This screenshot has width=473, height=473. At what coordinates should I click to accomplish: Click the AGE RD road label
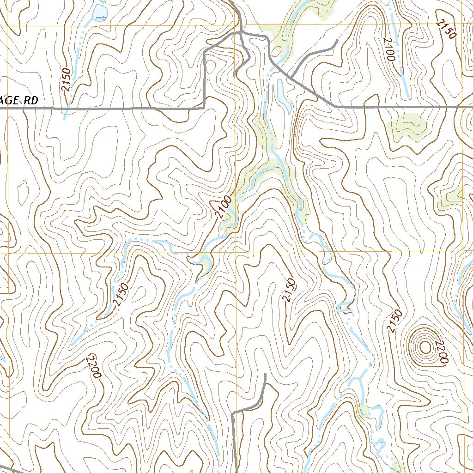point(18,100)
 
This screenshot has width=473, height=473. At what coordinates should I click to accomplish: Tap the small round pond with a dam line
point(99,14)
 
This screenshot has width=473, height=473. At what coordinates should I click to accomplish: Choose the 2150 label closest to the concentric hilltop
point(393,321)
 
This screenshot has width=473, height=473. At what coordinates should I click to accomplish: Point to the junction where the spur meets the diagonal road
point(292,76)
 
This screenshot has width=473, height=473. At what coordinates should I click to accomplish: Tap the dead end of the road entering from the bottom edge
point(266,374)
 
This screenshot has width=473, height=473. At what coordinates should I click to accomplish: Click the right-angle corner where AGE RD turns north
point(204,108)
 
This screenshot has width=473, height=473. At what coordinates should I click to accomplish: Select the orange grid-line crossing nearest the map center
point(236,253)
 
